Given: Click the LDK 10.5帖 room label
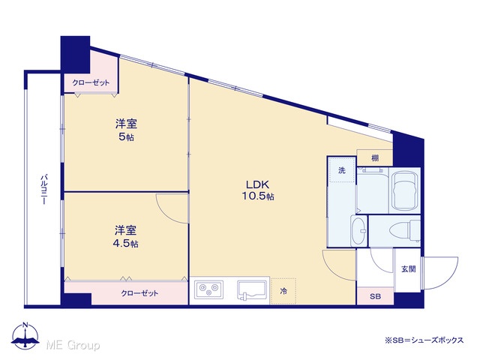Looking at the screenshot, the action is click(258, 190).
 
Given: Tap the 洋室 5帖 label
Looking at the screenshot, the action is click(126, 130).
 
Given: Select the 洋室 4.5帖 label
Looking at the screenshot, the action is click(126, 236).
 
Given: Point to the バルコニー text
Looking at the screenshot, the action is click(44, 190).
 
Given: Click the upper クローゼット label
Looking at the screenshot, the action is click(91, 82).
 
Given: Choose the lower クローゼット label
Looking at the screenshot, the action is click(139, 293).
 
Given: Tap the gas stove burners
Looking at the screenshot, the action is click(209, 289).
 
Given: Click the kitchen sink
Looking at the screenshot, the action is click(253, 290).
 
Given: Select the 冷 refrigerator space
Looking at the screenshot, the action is click(283, 291).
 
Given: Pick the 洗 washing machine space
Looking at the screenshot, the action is click(342, 170).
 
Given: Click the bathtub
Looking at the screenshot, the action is click(405, 190).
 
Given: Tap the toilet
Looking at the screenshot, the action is click(404, 230).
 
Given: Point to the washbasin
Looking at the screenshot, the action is click(358, 231).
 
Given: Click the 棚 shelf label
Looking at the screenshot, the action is click(375, 158).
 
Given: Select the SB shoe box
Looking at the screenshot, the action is click(375, 296).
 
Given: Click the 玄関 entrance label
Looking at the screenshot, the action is click(408, 269).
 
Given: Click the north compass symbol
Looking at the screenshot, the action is click(25, 335).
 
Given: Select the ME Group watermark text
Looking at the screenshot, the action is click(73, 345).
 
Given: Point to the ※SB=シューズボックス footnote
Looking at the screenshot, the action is click(424, 340).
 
